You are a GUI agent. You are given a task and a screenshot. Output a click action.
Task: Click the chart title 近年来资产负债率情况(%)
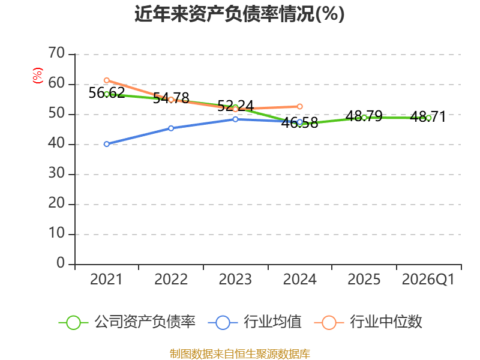[x=239, y=14]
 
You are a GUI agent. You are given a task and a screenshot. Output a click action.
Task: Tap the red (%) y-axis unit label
[x=38, y=76]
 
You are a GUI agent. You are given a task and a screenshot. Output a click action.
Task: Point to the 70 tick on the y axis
[x=56, y=53]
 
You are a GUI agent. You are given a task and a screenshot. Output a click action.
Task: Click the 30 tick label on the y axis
[x=56, y=173]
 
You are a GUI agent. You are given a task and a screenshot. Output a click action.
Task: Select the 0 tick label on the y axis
[x=61, y=263]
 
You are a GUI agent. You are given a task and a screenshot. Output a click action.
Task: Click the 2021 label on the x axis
[x=106, y=279]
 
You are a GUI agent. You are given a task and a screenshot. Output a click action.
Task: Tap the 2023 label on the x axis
[x=235, y=279]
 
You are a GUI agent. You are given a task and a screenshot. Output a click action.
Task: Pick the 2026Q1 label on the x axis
[x=428, y=279]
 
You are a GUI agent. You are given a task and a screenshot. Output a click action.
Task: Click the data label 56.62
[x=107, y=92]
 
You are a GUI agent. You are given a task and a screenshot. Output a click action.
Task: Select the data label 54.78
[x=171, y=98]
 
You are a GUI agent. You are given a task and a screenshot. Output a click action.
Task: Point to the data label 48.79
[x=364, y=116]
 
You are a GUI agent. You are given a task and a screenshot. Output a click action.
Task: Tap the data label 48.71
[x=428, y=116]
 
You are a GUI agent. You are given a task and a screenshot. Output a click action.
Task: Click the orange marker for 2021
[x=107, y=80]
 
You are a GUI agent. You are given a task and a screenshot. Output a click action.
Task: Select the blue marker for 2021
[x=107, y=144]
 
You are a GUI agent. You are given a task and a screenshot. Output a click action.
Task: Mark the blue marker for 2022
[x=171, y=128]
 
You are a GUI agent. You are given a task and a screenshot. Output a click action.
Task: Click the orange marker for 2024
[x=299, y=107]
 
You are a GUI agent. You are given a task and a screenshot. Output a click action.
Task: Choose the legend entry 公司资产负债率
[x=127, y=322]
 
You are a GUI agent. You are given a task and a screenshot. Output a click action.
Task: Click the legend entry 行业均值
[x=254, y=322]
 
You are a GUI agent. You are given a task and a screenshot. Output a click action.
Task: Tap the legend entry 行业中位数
[x=368, y=322]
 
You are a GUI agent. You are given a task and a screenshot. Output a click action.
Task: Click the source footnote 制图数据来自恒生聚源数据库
[x=240, y=354]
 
